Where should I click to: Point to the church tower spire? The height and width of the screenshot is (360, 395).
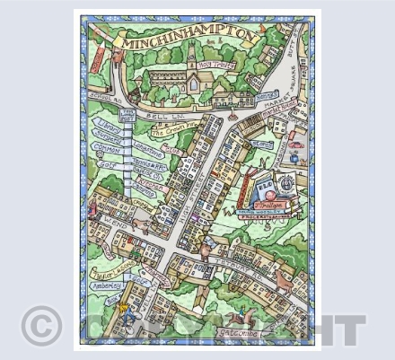click(x=191, y=56)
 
